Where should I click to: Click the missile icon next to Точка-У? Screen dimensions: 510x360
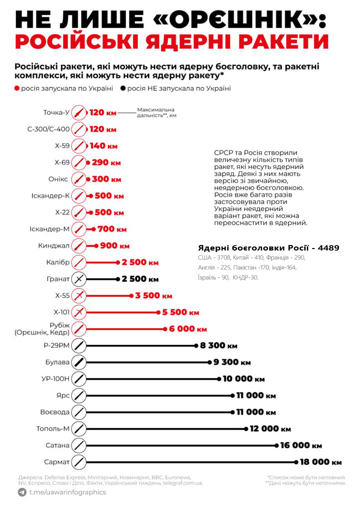coord(79,113)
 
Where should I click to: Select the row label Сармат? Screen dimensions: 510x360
coord(57,462)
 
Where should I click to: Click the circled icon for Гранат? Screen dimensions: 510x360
coord(79,279)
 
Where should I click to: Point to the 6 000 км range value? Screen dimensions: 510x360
coord(187,329)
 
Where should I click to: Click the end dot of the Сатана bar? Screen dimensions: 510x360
coord(277,446)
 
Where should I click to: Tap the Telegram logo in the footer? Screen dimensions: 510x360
coord(22,493)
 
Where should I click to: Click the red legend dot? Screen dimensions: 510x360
coord(17,89)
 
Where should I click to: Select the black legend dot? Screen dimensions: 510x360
coord(123,89)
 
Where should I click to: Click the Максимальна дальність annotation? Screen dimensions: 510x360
coord(156,112)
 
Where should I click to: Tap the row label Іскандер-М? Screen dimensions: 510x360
coord(49,229)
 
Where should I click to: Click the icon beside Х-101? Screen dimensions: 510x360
coord(79,312)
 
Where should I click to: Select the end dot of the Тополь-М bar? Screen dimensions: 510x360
coord(245,429)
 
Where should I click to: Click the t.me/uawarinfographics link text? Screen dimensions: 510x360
coord(67,493)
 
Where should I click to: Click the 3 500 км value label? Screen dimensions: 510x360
coord(154,296)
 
